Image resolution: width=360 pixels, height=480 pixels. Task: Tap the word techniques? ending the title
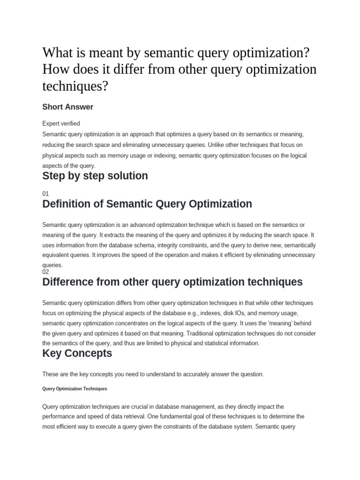79,86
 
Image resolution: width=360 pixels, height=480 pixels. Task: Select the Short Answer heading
67,107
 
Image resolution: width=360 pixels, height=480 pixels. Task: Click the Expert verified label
61,124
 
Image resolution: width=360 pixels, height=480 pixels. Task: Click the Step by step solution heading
95,176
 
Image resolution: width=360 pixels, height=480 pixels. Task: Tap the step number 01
45,193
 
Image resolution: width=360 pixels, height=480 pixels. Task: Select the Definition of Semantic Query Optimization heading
147,204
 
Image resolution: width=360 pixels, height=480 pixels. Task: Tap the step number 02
45,271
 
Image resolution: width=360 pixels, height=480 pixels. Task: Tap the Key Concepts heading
77,353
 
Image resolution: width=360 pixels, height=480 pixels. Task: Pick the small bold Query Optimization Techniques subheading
75,389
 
